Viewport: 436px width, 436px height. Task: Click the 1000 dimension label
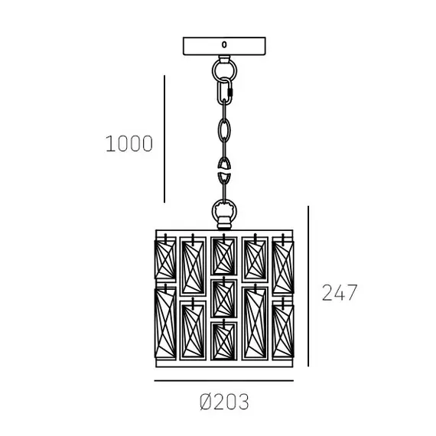coord(129,144)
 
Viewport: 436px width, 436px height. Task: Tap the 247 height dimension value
coord(340,292)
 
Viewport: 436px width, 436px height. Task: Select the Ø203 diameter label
coord(224,402)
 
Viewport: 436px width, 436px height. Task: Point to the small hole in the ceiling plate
coord(224,44)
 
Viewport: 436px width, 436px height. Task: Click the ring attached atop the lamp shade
coord(213,211)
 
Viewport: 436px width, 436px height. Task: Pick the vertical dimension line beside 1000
coord(164,138)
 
